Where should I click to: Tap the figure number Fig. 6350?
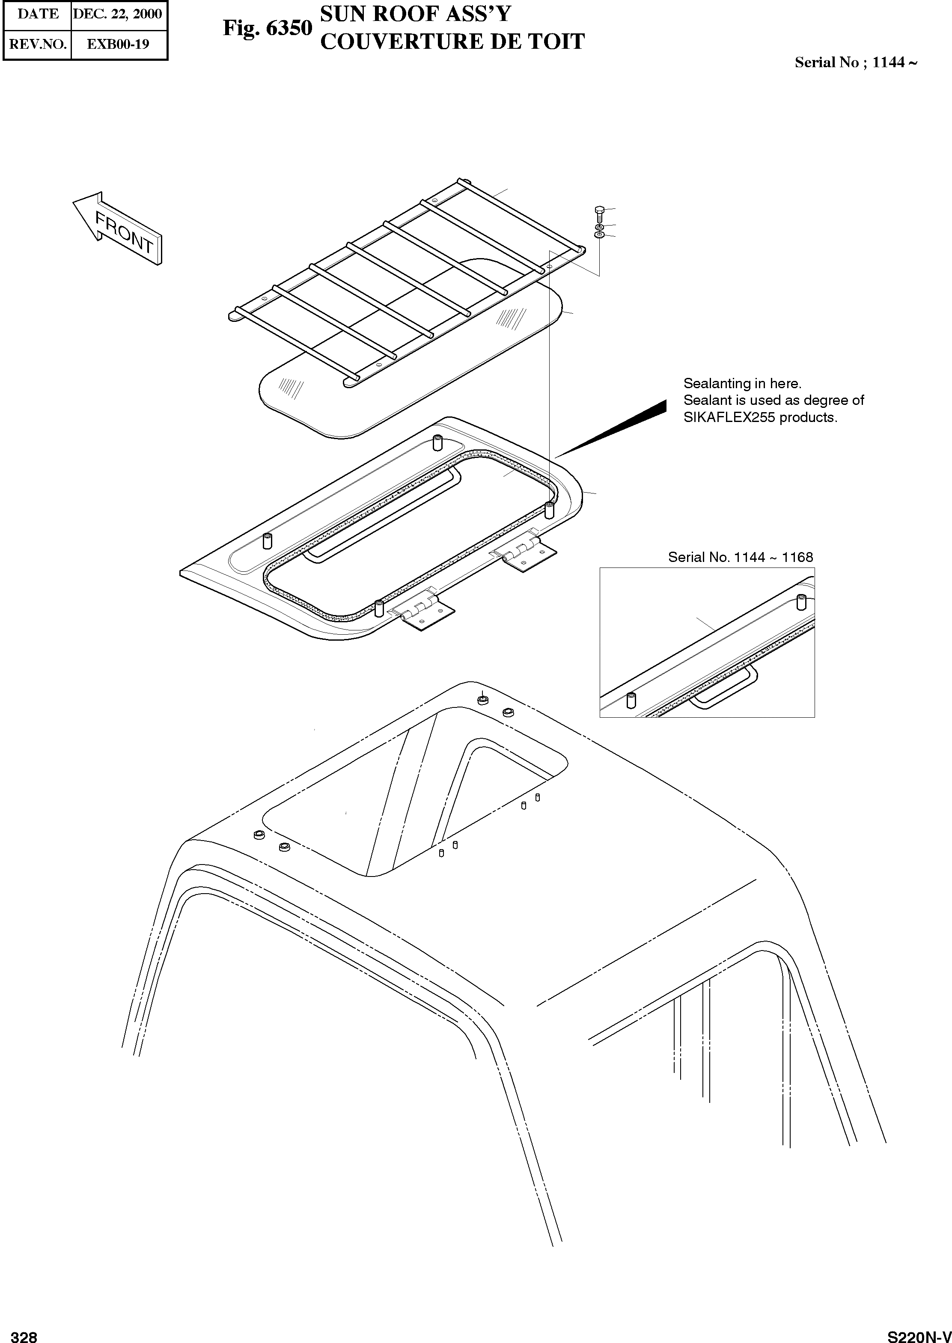[267, 28]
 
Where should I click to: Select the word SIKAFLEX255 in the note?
[726, 418]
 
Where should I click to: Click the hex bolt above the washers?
[598, 212]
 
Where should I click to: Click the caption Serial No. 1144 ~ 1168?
[741, 557]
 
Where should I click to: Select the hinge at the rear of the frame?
[525, 551]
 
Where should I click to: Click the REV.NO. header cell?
[38, 44]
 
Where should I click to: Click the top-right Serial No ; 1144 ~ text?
[855, 62]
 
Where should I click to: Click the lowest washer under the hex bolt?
[598, 235]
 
